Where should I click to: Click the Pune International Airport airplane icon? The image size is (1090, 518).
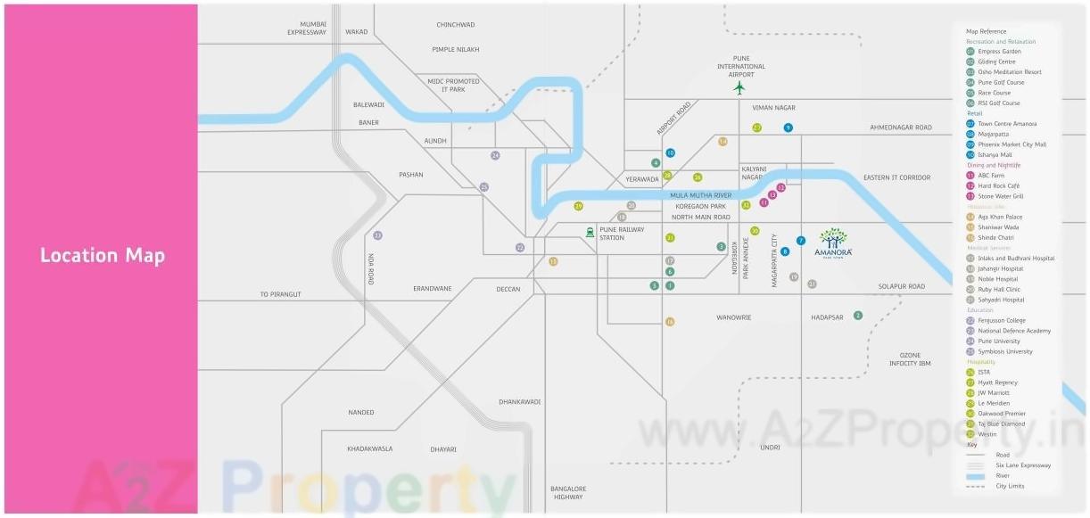point(739,87)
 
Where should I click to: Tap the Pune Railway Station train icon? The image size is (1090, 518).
point(590,233)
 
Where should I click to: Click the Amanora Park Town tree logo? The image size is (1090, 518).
point(834,241)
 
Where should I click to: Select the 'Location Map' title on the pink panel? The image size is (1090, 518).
point(103,256)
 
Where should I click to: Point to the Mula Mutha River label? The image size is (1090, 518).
point(701,194)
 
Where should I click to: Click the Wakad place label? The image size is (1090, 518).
point(357,32)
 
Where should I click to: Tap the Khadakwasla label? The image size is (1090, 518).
point(370,448)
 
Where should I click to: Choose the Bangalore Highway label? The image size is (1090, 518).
point(568,493)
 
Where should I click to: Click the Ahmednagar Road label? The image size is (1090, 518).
point(901,127)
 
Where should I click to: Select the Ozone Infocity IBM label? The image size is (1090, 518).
point(910,359)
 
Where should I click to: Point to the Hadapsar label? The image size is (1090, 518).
point(827,317)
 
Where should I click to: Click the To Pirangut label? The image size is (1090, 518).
point(281,294)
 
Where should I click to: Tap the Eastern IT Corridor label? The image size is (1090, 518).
point(896,178)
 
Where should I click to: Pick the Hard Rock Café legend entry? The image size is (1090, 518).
point(998,185)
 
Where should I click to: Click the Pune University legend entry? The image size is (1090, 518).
point(999,341)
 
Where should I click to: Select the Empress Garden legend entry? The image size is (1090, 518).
point(999,52)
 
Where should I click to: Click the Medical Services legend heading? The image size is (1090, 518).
point(987,248)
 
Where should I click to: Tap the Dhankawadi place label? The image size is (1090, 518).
point(520,402)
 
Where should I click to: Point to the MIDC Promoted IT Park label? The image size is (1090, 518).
point(453,86)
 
